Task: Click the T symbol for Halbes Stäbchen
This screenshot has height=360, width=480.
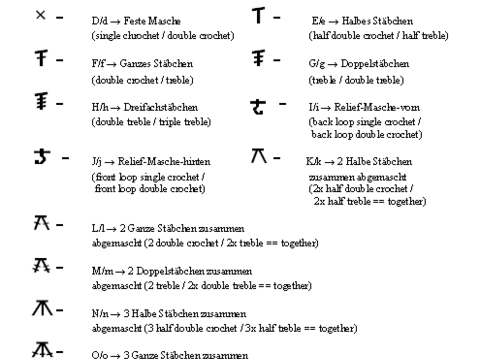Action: [x=261, y=17]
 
